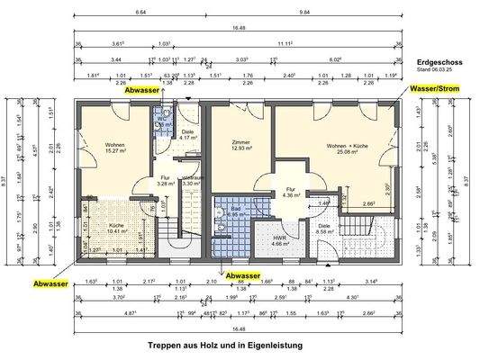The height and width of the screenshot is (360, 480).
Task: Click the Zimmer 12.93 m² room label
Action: [x=240, y=146]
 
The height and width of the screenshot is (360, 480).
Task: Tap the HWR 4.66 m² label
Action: [x=279, y=240]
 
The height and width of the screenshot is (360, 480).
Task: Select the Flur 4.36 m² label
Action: [x=291, y=192]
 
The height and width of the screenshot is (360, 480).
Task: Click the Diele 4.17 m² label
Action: [x=186, y=134]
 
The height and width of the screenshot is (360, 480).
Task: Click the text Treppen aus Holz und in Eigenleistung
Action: [x=231, y=345]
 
